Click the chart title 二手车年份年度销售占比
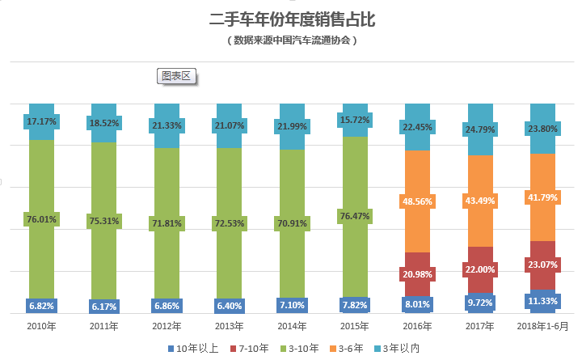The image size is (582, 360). click(x=292, y=19)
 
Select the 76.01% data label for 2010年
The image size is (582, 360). click(x=41, y=218)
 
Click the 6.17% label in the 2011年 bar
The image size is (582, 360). click(x=104, y=307)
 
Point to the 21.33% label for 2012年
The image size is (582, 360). click(x=167, y=125)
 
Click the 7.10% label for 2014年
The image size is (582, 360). click(x=291, y=305)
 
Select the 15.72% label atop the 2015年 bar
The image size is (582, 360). click(x=354, y=121)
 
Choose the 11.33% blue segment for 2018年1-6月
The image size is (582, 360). click(x=542, y=301)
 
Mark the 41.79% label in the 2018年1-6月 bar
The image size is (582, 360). click(x=542, y=197)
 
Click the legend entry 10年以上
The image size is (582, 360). click(x=194, y=347)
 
